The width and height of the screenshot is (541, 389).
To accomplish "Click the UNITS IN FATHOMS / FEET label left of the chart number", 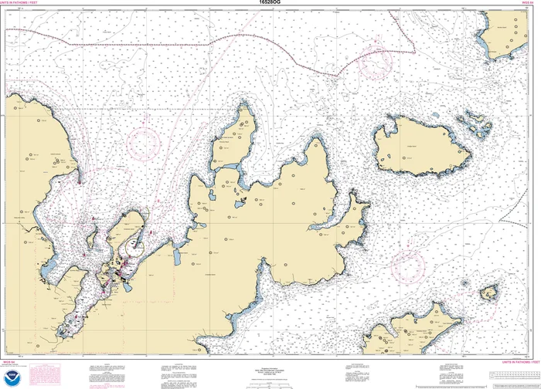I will [x=22, y=5].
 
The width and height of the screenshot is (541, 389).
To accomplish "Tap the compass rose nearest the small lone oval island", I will [x=408, y=265].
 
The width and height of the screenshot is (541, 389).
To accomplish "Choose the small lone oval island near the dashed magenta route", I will [x=488, y=293].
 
